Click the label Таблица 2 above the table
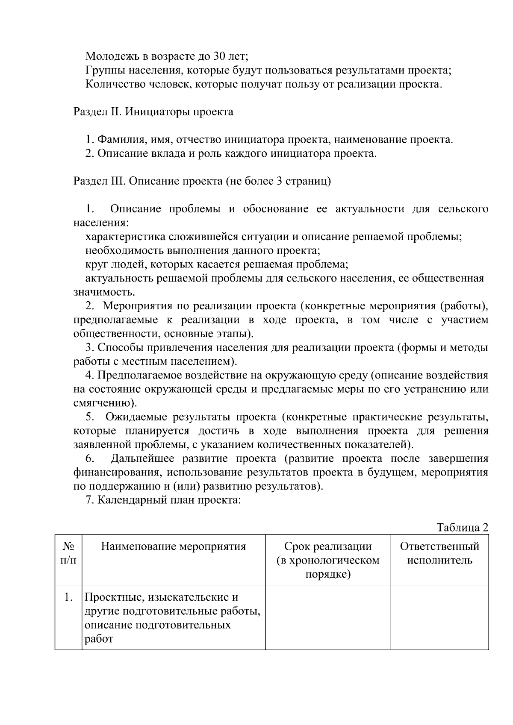click(462, 528)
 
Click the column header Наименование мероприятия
click(173, 546)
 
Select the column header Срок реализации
click(328, 546)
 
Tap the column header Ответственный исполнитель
click(439, 553)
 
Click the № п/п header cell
click(68, 553)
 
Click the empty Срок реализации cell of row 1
click(328, 617)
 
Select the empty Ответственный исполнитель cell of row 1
click(439, 617)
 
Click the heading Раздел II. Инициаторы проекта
click(153, 112)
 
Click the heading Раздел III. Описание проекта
click(202, 181)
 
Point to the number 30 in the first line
click(221, 56)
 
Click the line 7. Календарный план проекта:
click(164, 500)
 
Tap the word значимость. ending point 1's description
click(104, 293)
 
